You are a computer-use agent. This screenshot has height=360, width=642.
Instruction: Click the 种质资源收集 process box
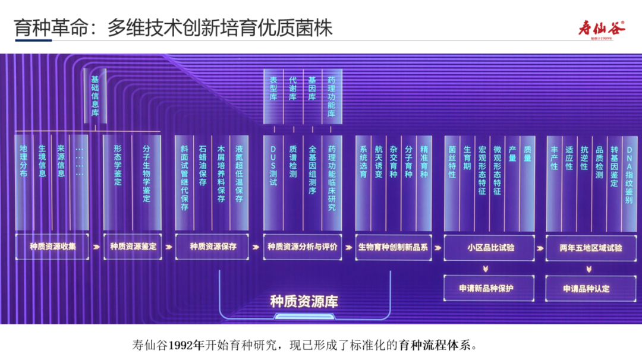click(53, 247)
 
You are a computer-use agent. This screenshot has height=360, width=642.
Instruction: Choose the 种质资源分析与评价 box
click(303, 247)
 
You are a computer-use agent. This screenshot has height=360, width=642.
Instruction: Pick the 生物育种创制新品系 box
click(393, 247)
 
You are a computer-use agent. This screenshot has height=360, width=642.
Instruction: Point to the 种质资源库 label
click(304, 301)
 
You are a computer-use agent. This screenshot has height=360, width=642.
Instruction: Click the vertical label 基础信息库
click(95, 96)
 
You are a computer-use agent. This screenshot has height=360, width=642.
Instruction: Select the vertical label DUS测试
click(273, 166)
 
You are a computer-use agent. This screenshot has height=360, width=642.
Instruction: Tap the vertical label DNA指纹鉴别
click(629, 175)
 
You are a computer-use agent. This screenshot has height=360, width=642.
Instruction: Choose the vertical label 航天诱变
click(378, 162)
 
